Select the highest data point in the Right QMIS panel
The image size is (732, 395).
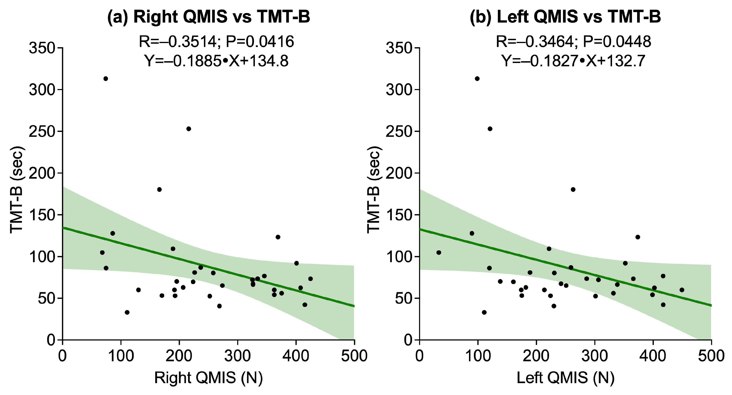pyautogui.click(x=106, y=78)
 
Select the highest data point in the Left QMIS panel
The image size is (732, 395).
pyautogui.click(x=477, y=78)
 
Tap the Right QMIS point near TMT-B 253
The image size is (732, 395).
pyautogui.click(x=189, y=129)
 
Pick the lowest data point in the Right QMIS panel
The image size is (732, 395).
pyautogui.click(x=127, y=312)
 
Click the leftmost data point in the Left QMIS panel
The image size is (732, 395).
pyautogui.click(x=439, y=253)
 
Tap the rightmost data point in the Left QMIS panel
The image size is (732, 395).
pyautogui.click(x=682, y=290)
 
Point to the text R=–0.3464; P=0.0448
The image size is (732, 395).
pyautogui.click(x=573, y=42)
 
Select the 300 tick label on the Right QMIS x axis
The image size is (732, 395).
pyautogui.click(x=238, y=356)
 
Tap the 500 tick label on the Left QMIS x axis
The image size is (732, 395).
pyautogui.click(x=711, y=356)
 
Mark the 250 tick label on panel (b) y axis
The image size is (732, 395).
pyautogui.click(x=399, y=131)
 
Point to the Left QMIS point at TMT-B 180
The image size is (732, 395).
pyautogui.click(x=573, y=189)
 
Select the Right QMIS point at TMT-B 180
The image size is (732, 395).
pyautogui.click(x=160, y=189)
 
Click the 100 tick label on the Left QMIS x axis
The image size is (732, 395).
pyautogui.click(x=478, y=356)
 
